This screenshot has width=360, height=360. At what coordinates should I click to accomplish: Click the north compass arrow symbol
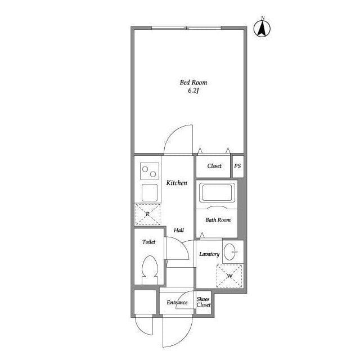pyautogui.click(x=262, y=29)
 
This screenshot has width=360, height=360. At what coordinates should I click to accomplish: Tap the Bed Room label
pyautogui.click(x=193, y=83)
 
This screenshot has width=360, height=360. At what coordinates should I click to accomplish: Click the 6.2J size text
pyautogui.click(x=193, y=91)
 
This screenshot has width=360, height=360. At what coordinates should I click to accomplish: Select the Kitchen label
pyautogui.click(x=177, y=183)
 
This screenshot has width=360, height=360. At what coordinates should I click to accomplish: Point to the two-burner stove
pyautogui.click(x=150, y=171)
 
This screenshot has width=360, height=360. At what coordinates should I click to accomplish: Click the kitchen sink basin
pyautogui.click(x=150, y=192)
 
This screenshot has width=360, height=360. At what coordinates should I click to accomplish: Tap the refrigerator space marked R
pyautogui.click(x=147, y=214)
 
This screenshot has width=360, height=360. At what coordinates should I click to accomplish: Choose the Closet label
pyautogui.click(x=214, y=166)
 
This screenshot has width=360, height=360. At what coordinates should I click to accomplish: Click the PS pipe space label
pyautogui.click(x=237, y=166)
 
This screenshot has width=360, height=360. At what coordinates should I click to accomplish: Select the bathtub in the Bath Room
pyautogui.click(x=217, y=192)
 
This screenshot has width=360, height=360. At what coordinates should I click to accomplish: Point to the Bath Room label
pyautogui.click(x=218, y=220)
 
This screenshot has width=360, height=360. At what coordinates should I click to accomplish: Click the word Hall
pyautogui.click(x=179, y=230)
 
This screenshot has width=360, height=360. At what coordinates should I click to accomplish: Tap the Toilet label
pyautogui.click(x=148, y=242)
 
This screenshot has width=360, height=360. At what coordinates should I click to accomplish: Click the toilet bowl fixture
pyautogui.click(x=150, y=270)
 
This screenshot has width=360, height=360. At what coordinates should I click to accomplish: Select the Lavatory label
pyautogui.click(x=209, y=254)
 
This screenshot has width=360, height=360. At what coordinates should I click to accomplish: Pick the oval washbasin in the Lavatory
pyautogui.click(x=230, y=252)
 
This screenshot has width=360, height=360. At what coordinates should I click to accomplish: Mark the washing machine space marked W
pyautogui.click(x=229, y=276)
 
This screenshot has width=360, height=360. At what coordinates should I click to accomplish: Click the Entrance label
pyautogui.click(x=177, y=303)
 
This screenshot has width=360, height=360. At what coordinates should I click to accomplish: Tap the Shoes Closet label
pyautogui.click(x=204, y=302)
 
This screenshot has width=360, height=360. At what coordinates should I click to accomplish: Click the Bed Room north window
pyautogui.click(x=186, y=28)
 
